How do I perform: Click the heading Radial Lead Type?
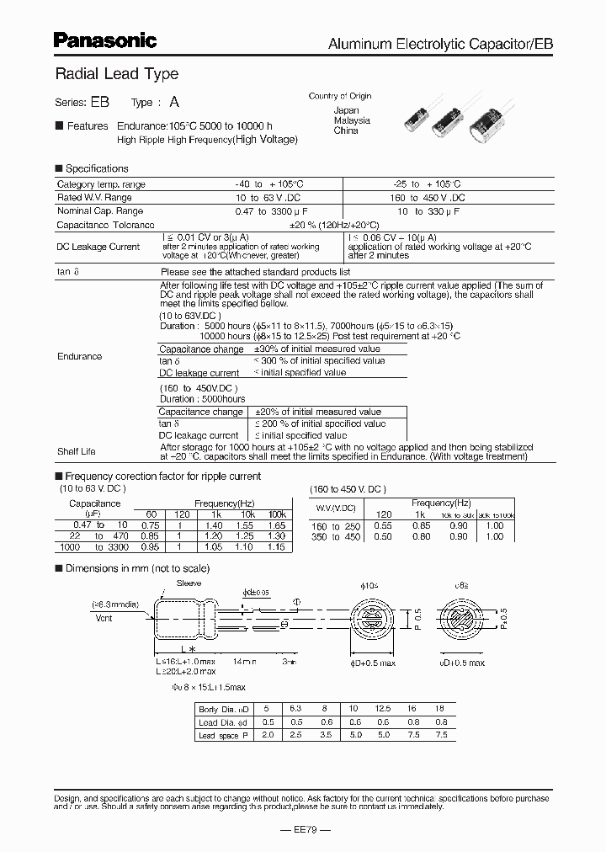116,74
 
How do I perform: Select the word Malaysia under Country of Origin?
352,120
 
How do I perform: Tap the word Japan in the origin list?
346,110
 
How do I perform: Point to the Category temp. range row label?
101,184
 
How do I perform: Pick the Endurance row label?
79,356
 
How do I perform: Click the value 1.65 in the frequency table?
278,524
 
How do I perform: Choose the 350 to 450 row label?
335,536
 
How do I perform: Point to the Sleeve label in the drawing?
189,582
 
